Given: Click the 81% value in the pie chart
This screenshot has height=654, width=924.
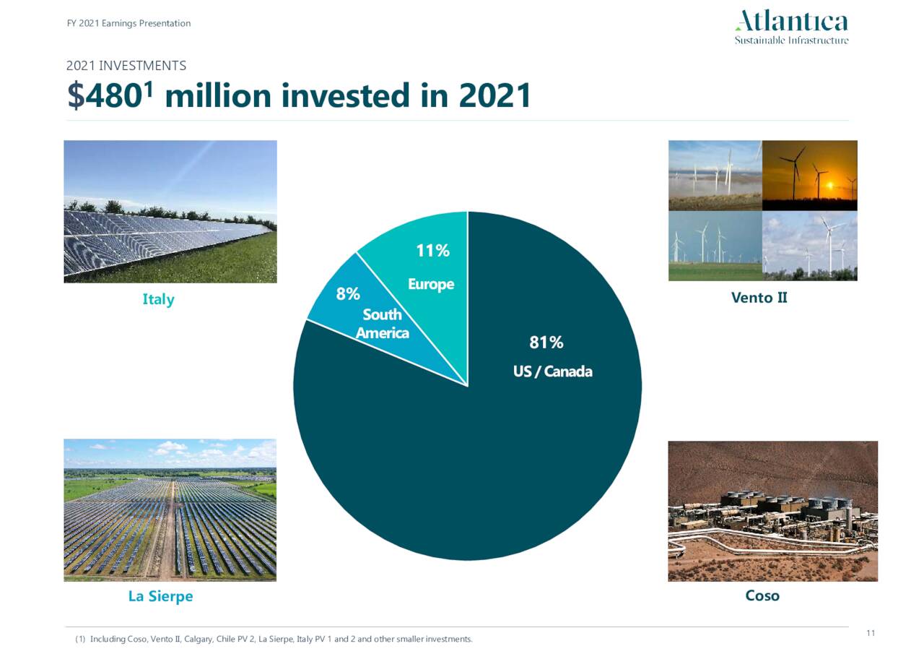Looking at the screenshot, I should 546,343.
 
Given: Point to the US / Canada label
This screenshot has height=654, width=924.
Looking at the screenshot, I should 552,371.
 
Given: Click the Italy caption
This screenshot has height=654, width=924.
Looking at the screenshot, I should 158,299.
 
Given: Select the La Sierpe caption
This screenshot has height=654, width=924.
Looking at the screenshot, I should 160,596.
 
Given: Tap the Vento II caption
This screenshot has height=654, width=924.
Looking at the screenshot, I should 759,297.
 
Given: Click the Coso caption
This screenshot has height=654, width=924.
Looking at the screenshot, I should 762,595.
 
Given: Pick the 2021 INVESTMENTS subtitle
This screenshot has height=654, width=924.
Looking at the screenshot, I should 126,66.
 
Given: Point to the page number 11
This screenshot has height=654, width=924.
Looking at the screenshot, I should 870,633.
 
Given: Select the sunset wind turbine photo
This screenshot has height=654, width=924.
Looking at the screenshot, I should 809,175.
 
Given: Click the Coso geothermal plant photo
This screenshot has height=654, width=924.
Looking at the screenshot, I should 772,511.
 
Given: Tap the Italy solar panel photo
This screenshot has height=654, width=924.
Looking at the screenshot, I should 170,211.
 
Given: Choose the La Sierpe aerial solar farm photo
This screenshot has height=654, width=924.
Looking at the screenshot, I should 170,509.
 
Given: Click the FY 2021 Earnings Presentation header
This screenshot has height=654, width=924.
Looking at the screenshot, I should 128,23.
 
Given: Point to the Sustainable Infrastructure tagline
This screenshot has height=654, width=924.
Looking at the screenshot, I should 791,40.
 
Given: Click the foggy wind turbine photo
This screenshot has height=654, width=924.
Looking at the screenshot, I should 715,175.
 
